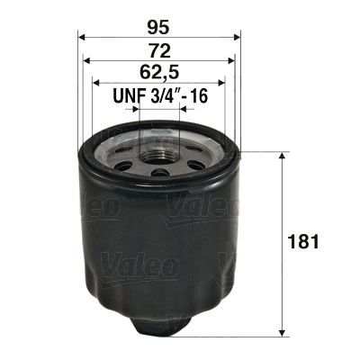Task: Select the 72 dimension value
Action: (160, 47)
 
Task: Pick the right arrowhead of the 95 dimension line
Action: (238, 37)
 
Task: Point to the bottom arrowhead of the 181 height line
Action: (285, 328)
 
